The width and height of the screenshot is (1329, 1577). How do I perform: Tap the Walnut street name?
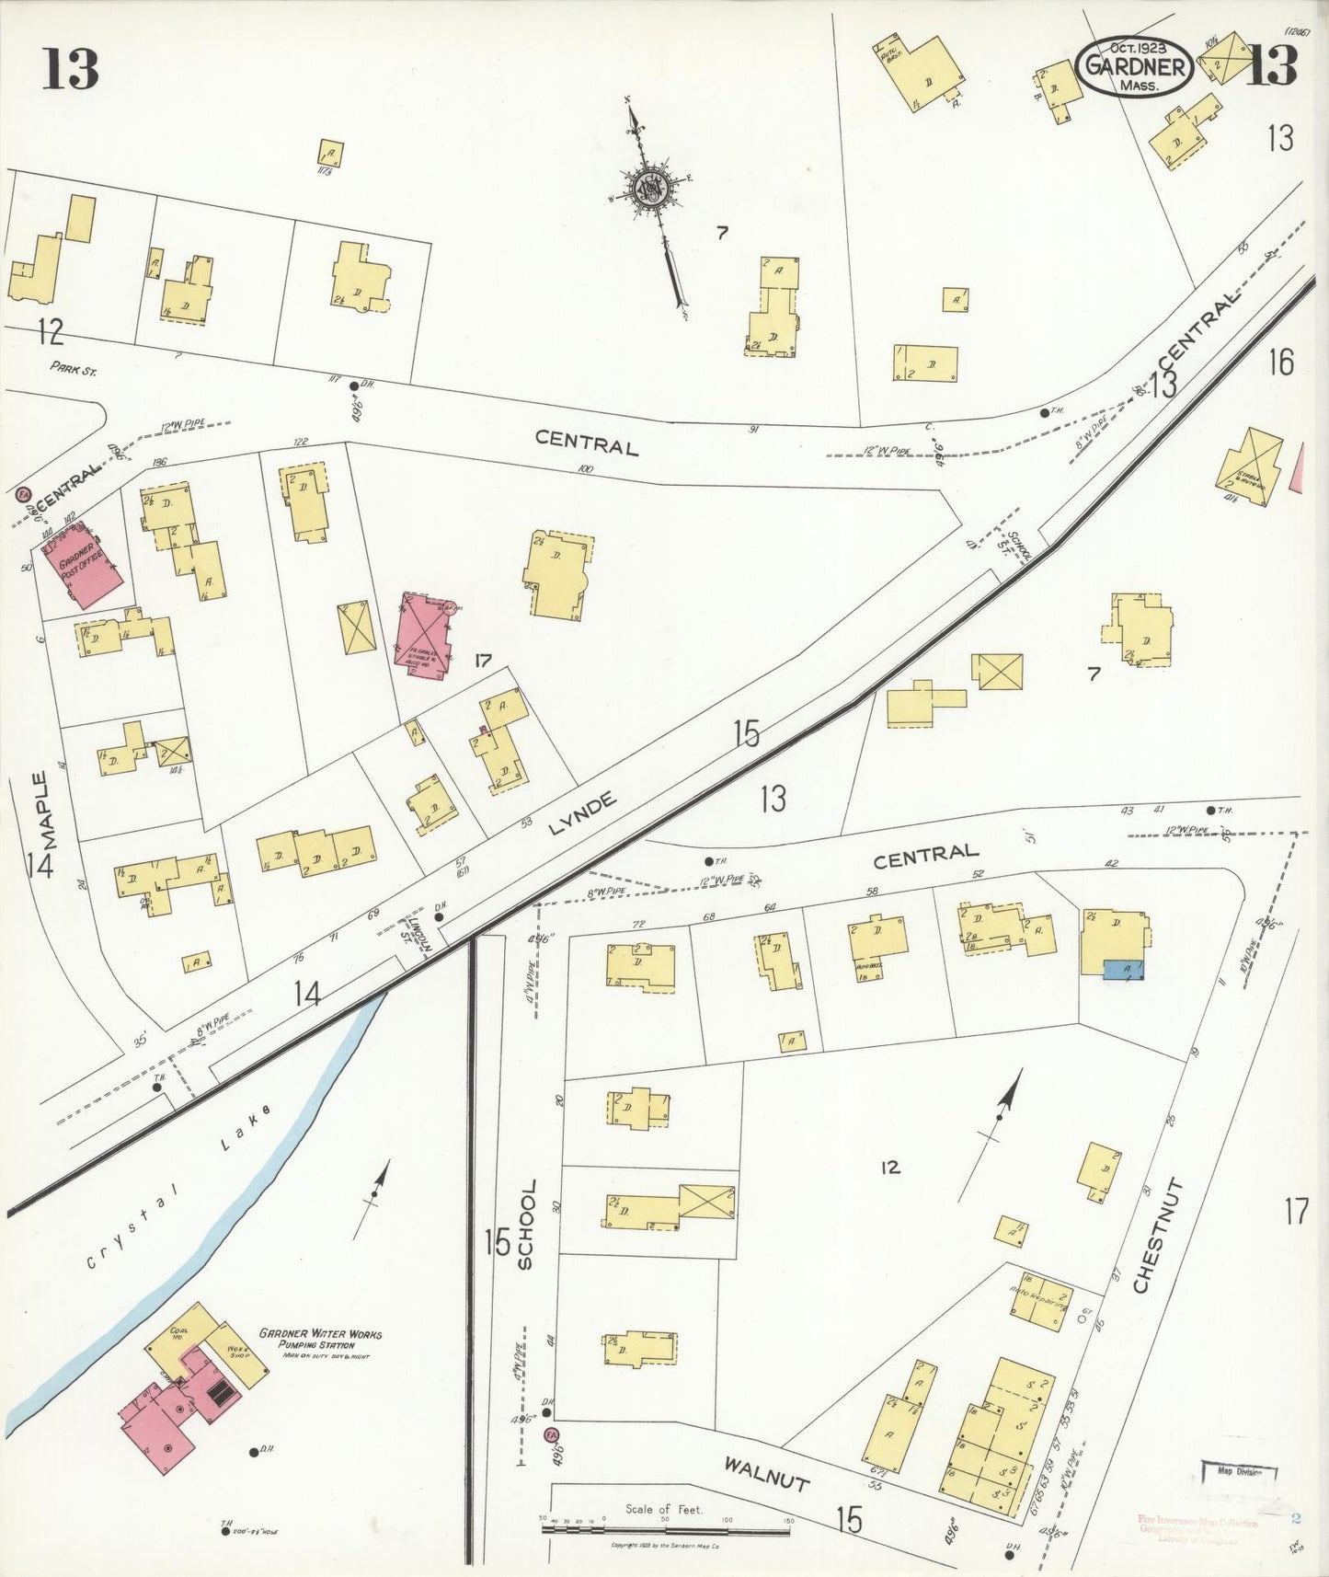766,1473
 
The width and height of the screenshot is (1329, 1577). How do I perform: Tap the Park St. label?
74,370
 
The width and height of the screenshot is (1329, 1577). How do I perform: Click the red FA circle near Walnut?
552,1434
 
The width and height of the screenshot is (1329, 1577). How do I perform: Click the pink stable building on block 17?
422,635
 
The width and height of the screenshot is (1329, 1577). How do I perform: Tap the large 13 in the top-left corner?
70,68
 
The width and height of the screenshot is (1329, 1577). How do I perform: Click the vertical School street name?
527,1225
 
